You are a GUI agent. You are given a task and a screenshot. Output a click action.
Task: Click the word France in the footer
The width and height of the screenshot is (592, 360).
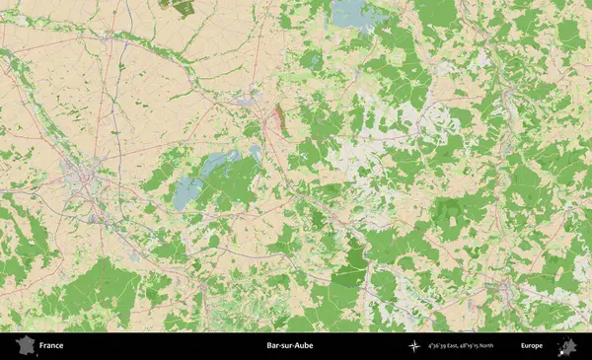[51, 346]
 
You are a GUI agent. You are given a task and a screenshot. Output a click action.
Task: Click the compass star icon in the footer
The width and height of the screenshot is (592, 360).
[412, 346]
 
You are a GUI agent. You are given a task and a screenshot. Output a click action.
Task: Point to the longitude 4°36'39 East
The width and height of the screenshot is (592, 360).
[446, 346]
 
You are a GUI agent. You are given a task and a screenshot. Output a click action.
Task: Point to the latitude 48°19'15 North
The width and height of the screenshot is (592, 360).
[480, 346]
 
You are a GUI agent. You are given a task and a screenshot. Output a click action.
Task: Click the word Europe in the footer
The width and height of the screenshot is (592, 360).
[532, 346]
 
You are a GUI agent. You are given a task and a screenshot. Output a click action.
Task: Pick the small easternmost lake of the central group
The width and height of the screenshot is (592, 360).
[255, 152]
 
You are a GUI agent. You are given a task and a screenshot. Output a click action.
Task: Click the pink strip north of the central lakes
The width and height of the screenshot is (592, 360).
[279, 118]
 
